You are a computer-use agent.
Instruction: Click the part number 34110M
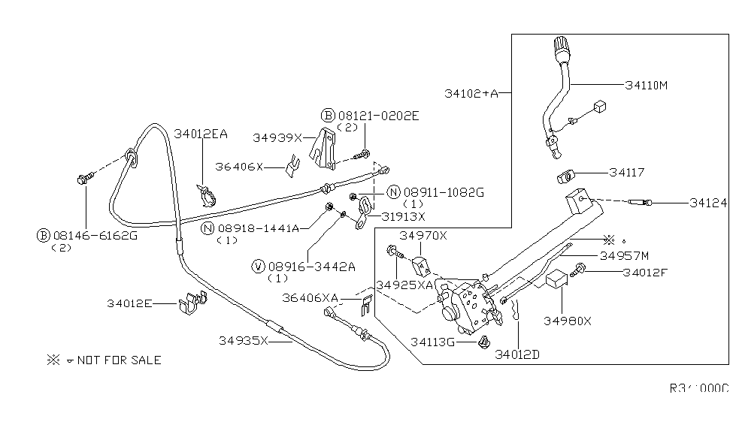pyautogui.click(x=646, y=85)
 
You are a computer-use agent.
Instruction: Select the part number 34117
pyautogui.click(x=627, y=173)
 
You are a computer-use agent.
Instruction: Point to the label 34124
pyautogui.click(x=707, y=203)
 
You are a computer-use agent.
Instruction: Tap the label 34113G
pyautogui.click(x=433, y=342)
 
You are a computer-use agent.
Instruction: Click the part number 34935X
pyautogui.click(x=244, y=340)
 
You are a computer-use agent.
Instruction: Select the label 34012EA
pyautogui.click(x=201, y=134)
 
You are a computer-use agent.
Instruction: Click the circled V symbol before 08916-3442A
pyautogui.click(x=259, y=266)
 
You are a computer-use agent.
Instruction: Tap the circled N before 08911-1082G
pyautogui.click(x=393, y=192)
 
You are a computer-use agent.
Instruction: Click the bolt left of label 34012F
pyautogui.click(x=581, y=271)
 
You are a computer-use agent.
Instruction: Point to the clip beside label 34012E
pyautogui.click(x=190, y=303)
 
